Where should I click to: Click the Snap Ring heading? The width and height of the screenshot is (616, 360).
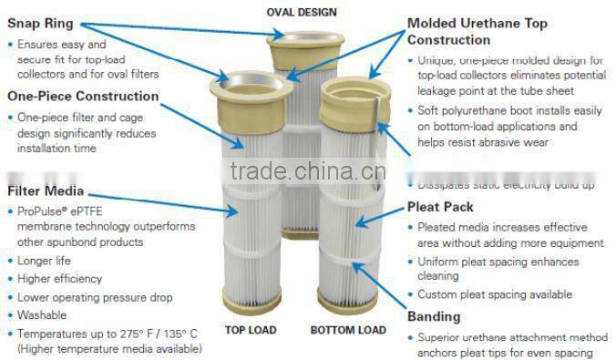pyautogui.click(x=41, y=24)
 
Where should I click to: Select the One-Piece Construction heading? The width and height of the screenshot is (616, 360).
pyautogui.click(x=83, y=96)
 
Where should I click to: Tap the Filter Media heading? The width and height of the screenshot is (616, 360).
pyautogui.click(x=46, y=191)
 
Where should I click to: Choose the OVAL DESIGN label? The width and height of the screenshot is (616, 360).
pyautogui.click(x=302, y=12)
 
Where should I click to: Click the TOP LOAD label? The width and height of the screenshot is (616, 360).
pyautogui.click(x=252, y=329)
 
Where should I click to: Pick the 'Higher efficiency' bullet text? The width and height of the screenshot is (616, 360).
pyautogui.click(x=60, y=279)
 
